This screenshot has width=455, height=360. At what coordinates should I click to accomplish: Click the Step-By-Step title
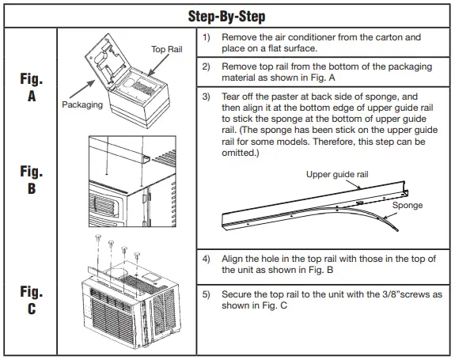226,17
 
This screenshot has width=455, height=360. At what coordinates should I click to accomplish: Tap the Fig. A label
32,87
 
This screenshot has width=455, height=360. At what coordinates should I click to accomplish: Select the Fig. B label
32,180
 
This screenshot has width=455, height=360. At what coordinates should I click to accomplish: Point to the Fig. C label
32,300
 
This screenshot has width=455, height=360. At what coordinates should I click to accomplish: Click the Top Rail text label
166,49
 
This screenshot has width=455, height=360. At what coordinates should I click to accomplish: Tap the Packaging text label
82,104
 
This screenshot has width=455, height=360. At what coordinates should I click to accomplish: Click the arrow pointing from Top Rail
158,65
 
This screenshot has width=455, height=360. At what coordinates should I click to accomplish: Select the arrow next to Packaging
82,89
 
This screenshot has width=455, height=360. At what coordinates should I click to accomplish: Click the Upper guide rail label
337,174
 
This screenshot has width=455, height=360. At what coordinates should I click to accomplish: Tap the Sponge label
408,205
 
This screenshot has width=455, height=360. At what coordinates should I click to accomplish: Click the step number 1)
206,37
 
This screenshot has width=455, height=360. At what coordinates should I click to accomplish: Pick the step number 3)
206,97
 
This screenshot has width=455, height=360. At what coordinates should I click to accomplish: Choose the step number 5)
206,294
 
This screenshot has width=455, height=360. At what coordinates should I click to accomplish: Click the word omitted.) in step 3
241,153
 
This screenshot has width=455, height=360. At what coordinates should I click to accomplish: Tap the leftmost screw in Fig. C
98,238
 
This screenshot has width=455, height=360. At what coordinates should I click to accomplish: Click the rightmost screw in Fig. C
137,256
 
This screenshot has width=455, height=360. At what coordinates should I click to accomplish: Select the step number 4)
206,259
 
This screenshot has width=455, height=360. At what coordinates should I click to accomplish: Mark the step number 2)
206,66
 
